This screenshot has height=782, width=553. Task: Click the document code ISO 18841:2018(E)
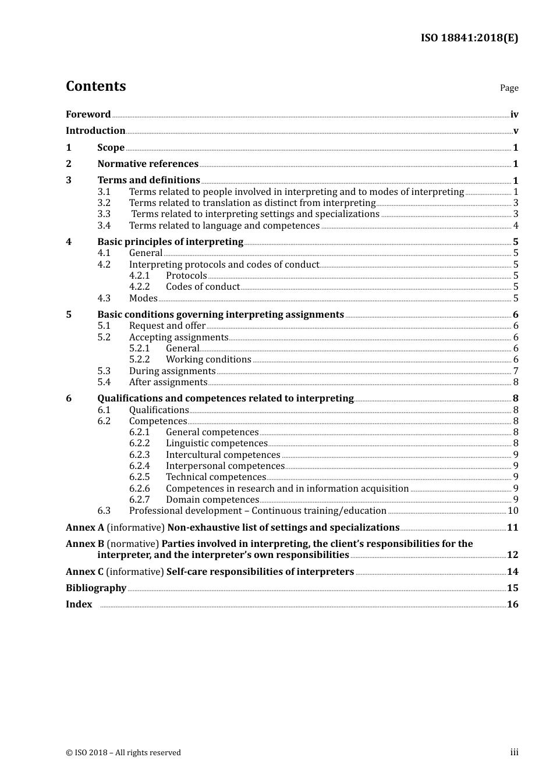pyautogui.click(x=469, y=38)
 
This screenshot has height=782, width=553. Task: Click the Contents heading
pyautogui.click(x=95, y=86)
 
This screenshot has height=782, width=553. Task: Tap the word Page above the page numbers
pyautogui.click(x=509, y=88)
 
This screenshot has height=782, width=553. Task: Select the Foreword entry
pyautogui.click(x=88, y=114)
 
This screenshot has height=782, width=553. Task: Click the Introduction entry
pyautogui.click(x=95, y=130)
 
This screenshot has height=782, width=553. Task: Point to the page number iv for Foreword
pyautogui.click(x=514, y=115)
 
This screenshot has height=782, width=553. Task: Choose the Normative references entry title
pyautogui.click(x=148, y=163)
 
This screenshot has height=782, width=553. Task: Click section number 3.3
pyautogui.click(x=104, y=214)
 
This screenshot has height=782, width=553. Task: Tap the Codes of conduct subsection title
pyautogui.click(x=203, y=286)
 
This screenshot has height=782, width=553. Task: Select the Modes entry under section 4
pyautogui.click(x=143, y=298)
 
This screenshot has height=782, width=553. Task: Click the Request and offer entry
pyautogui.click(x=167, y=325)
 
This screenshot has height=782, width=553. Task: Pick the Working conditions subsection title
pyautogui.click(x=208, y=359)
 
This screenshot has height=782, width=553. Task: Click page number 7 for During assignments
pyautogui.click(x=516, y=371)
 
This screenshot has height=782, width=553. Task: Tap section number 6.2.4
pyautogui.click(x=139, y=465)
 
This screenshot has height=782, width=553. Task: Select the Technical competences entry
pyautogui.click(x=215, y=477)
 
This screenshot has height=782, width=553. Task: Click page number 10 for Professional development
pyautogui.click(x=513, y=510)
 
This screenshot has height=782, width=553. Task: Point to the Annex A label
pyautogui.click(x=85, y=527)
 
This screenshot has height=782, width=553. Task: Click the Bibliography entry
pyautogui.click(x=96, y=588)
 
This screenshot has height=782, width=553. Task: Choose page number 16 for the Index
pyautogui.click(x=512, y=604)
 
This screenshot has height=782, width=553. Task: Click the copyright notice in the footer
pyautogui.click(x=123, y=752)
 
